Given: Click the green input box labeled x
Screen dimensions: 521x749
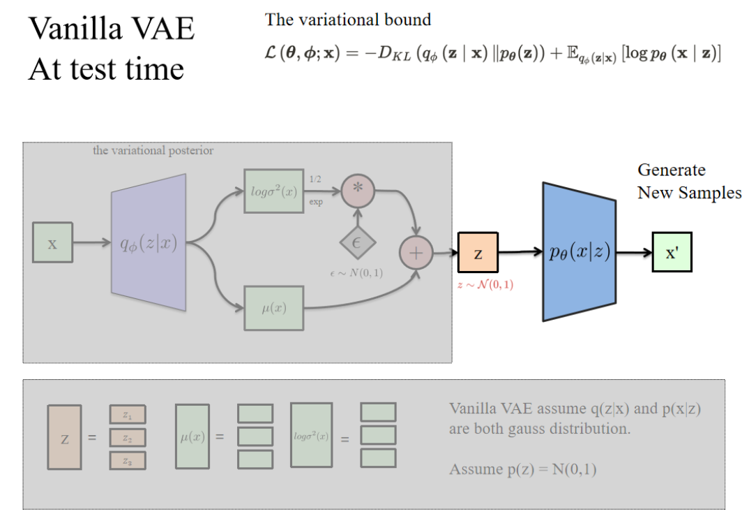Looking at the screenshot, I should (52, 242).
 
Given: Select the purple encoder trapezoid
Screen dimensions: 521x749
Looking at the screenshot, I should (149, 242).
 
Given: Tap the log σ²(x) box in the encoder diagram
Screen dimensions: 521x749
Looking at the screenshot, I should (274, 191).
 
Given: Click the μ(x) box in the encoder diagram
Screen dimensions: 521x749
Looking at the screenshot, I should (274, 307).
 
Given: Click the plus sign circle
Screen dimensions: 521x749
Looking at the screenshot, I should (416, 253).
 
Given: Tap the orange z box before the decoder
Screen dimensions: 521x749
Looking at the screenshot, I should (477, 253).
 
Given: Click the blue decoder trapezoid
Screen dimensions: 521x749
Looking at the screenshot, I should (579, 252).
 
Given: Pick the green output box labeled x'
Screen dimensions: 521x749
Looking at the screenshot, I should (672, 253).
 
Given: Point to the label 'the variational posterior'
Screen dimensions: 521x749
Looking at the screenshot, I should (153, 150).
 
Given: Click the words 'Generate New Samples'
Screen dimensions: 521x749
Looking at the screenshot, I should (688, 182).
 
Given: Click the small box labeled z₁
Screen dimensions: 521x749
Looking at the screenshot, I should (126, 415).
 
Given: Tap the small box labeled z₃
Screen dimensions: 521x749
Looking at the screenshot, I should (126, 461).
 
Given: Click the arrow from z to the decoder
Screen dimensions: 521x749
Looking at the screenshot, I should (519, 253).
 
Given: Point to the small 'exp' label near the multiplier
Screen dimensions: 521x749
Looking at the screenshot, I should (316, 203).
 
